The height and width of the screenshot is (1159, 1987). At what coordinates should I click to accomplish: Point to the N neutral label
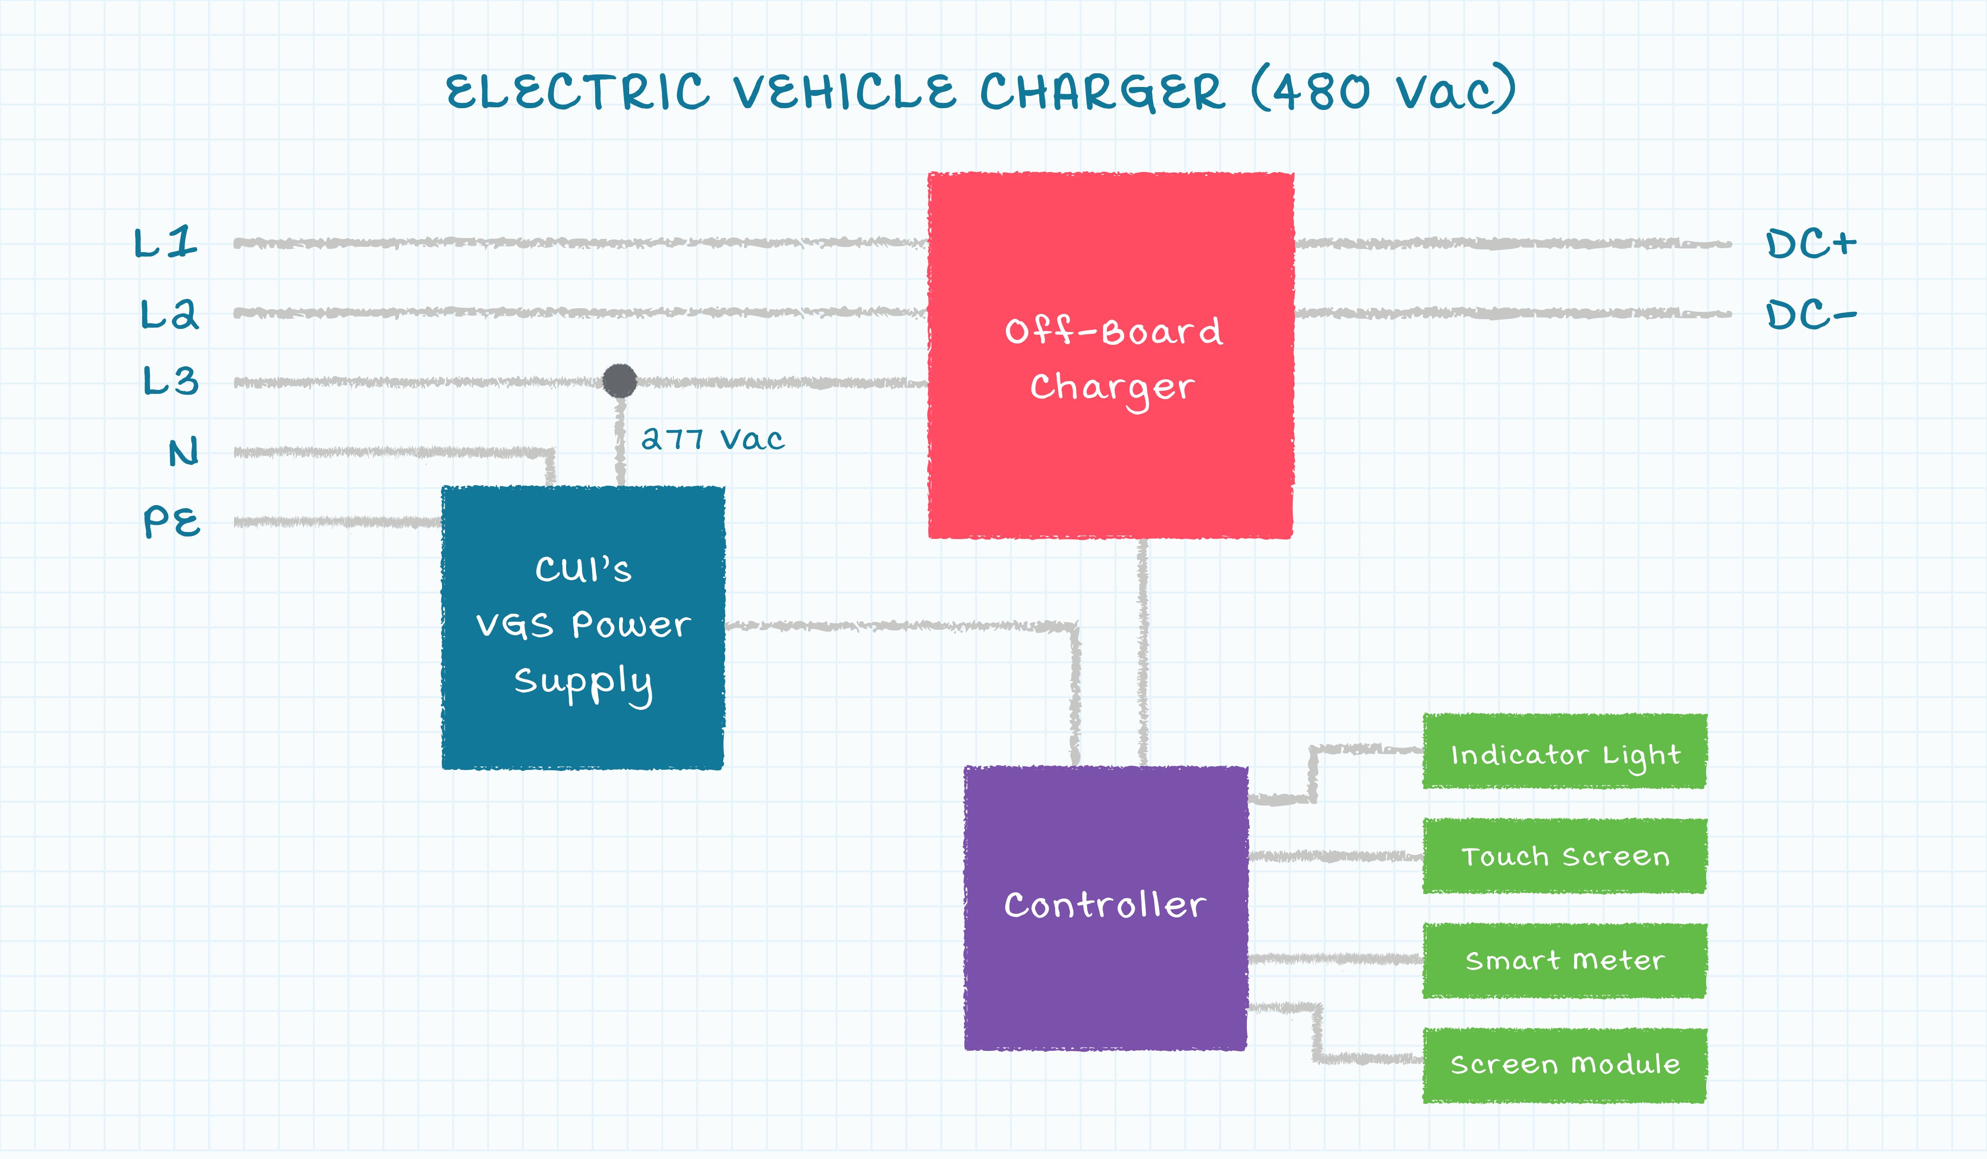click(x=184, y=452)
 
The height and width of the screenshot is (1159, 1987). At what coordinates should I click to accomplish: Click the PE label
click(x=172, y=521)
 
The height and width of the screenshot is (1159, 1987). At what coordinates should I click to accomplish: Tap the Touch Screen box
click(x=1564, y=856)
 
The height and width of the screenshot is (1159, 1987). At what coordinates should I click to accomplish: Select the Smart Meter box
click(x=1564, y=960)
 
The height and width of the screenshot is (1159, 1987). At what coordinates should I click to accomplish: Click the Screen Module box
click(x=1564, y=1065)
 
